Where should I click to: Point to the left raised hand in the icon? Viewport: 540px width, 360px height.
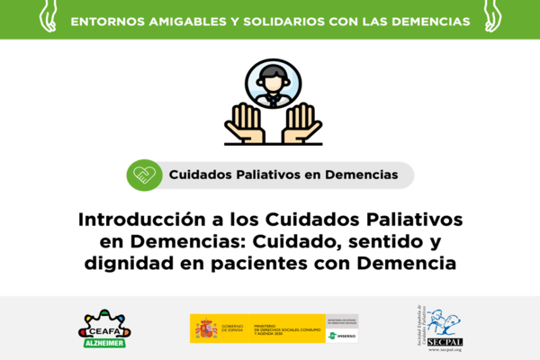(x=244, y=123)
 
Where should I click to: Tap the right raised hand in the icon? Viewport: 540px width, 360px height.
(x=301, y=123)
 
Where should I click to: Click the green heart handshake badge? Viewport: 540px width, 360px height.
(x=141, y=175)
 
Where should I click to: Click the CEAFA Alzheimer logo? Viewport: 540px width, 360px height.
(x=105, y=328)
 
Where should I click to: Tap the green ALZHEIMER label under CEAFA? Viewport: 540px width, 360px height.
(x=105, y=342)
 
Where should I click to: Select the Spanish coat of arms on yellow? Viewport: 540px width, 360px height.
(x=204, y=328)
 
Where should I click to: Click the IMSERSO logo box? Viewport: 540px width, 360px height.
(x=342, y=336)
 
